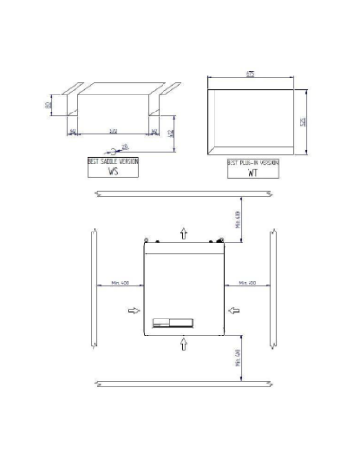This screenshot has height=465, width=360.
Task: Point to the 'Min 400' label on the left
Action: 118,282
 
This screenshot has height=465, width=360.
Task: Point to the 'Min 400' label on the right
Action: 248,282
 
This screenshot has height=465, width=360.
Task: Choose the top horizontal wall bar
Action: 183,195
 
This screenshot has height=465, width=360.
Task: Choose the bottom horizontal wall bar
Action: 183,383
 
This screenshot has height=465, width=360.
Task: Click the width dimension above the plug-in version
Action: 255,73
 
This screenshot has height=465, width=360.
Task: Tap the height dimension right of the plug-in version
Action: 303,120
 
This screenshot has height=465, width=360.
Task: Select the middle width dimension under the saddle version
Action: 113,129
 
